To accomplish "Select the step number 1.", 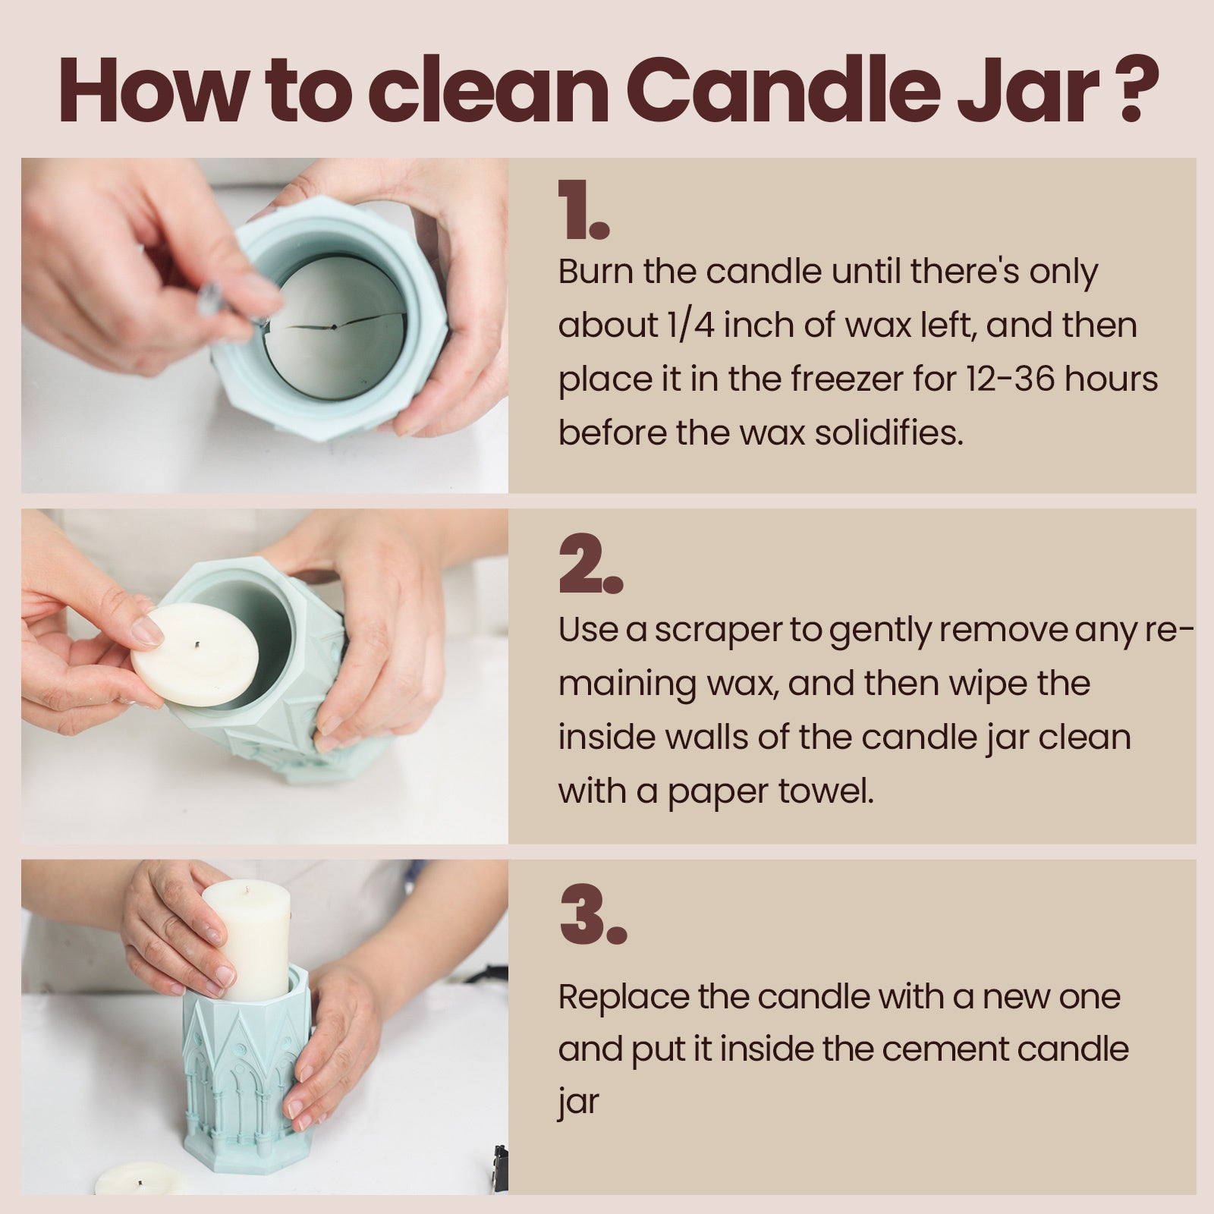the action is click(x=583, y=210).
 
